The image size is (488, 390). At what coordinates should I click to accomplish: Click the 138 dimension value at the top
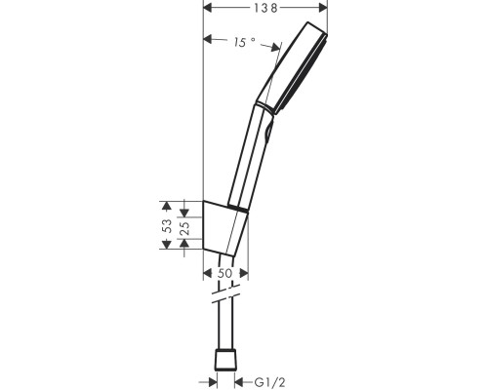pyautogui.click(x=265, y=8)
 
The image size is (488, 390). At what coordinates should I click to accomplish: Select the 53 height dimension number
pyautogui.click(x=168, y=224)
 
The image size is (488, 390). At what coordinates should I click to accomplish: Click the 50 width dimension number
pyautogui.click(x=224, y=274)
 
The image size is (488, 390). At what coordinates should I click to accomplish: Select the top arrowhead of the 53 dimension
pyautogui.click(x=167, y=205)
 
